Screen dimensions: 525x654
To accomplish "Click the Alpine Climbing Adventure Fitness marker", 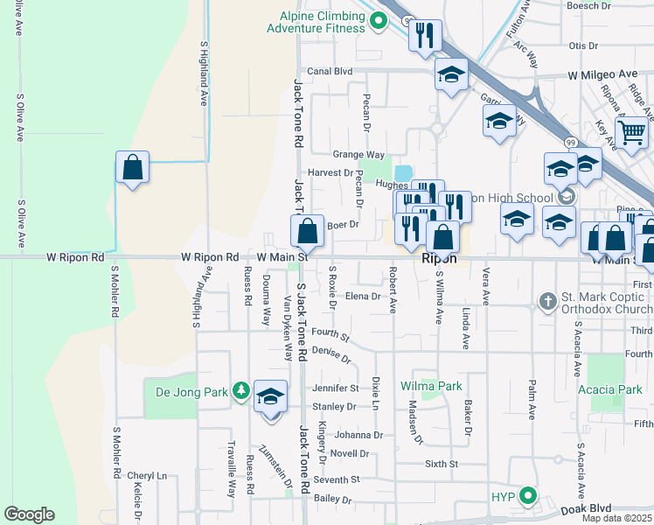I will tap(378, 21).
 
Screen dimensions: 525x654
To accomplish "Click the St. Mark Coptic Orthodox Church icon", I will tap(547, 302).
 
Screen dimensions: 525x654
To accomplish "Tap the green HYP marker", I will tap(527, 496).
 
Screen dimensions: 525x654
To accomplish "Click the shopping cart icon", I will tap(631, 133).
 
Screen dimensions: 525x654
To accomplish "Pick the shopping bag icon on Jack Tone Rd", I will tap(307, 232).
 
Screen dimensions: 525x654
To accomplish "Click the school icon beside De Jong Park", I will tap(271, 396).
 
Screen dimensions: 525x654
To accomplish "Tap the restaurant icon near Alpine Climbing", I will tap(425, 36).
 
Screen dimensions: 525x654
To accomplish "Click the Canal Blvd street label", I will tap(329, 72).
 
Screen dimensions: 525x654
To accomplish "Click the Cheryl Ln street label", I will tap(146, 475).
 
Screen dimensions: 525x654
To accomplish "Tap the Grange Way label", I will tap(358, 154).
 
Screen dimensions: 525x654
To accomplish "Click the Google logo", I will tap(29, 514).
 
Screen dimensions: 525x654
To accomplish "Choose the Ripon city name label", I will tap(439, 260).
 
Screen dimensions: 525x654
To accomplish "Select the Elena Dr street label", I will tap(363, 296).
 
